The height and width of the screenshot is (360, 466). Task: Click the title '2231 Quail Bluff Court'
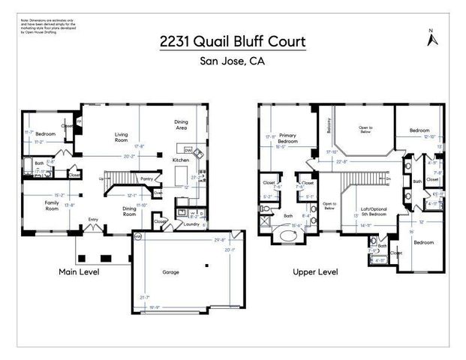(x=233, y=42)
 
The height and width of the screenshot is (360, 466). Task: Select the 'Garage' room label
(x=171, y=272)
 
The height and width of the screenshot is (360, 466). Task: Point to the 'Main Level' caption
(x=79, y=271)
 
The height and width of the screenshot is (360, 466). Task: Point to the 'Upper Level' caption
(x=315, y=271)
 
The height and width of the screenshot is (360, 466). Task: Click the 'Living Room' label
(x=122, y=137)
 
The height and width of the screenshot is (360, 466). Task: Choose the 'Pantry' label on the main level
(x=147, y=178)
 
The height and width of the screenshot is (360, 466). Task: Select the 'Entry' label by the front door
(x=93, y=219)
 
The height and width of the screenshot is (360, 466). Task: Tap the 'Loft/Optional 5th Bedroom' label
(x=374, y=214)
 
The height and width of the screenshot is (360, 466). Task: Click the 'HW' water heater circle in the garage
(x=138, y=237)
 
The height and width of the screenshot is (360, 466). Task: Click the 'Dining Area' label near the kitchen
(x=182, y=125)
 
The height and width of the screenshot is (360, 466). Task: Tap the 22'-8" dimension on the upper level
(x=342, y=160)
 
